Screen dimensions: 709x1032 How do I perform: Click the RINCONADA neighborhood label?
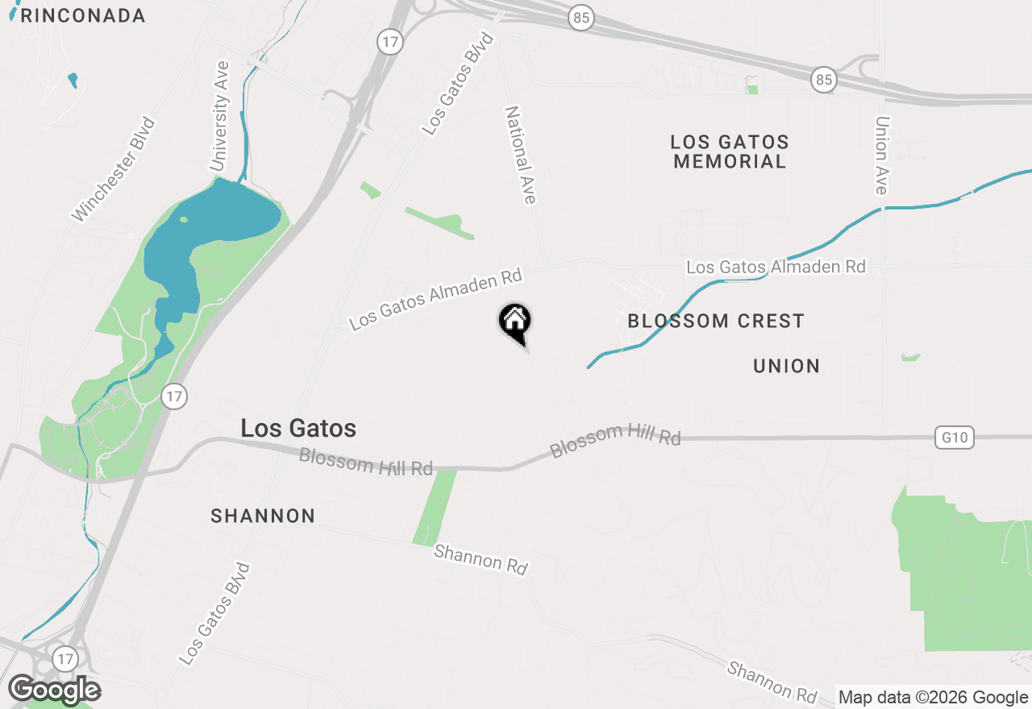[82, 15]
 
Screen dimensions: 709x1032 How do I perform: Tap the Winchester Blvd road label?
[114, 170]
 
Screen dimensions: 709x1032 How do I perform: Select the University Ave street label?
[219, 116]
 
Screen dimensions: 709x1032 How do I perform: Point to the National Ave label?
[521, 155]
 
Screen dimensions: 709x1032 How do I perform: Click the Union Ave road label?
[881, 155]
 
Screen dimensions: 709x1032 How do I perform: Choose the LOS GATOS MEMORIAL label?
[730, 151]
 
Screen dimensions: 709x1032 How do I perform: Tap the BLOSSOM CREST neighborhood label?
[715, 321]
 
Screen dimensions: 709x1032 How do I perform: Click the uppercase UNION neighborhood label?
[786, 366]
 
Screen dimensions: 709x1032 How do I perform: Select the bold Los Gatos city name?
[298, 429]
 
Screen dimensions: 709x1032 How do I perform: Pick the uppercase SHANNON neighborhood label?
[263, 516]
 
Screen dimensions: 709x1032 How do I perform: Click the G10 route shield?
[955, 438]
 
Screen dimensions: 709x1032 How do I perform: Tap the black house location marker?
[514, 322]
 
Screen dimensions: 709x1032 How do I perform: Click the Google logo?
[55, 690]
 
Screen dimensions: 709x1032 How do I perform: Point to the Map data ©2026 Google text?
[933, 698]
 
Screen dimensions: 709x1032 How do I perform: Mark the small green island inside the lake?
[183, 219]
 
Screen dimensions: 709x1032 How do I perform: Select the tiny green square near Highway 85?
[752, 89]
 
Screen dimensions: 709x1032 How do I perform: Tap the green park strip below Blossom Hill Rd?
[435, 508]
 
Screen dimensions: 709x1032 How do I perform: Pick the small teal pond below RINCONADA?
[73, 80]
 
